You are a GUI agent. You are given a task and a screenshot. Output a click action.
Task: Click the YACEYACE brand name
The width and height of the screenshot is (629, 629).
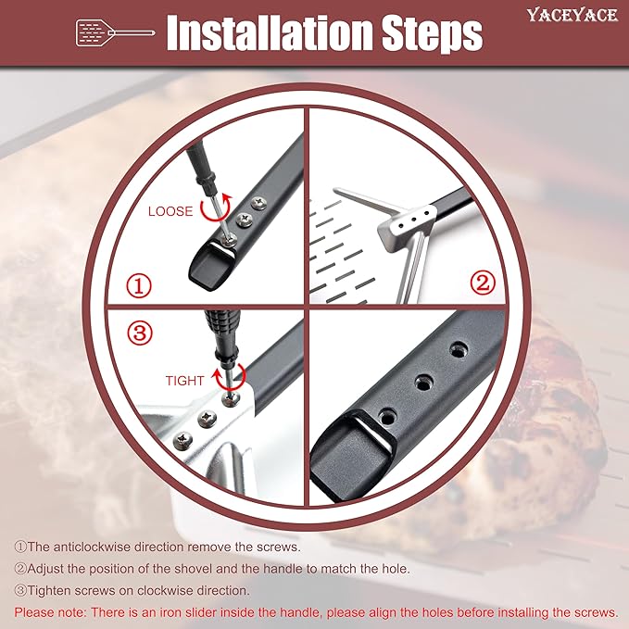[572, 15]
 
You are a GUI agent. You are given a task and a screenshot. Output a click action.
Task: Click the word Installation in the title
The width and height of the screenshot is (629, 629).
[270, 33]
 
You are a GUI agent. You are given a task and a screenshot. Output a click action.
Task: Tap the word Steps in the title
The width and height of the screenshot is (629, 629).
[432, 34]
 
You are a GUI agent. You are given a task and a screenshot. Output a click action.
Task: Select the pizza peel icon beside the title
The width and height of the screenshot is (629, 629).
[115, 32]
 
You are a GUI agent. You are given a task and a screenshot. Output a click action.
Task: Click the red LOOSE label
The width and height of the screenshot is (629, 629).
[170, 211]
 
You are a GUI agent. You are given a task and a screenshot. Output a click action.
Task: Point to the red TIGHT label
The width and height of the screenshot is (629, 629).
[184, 381]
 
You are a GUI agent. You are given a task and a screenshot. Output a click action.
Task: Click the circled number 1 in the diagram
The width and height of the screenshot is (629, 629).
[139, 286]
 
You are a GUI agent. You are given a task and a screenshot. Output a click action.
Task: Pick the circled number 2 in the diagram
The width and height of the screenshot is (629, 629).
[483, 283]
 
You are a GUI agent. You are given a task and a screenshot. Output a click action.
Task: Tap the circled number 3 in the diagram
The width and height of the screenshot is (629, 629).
[140, 333]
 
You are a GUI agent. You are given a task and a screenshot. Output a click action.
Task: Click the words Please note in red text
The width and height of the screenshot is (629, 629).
[48, 612]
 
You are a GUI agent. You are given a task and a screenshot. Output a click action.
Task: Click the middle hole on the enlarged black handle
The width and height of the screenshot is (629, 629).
[424, 383]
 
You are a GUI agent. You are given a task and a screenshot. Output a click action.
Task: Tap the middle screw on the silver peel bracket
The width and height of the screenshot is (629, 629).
[207, 418]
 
